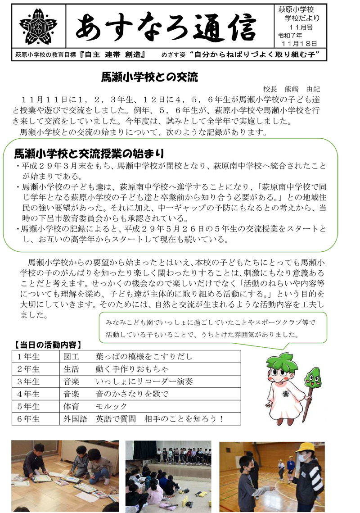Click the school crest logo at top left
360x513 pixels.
(x=38, y=26)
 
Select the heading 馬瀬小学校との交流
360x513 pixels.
(x=150, y=78)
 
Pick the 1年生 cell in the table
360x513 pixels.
(x=29, y=357)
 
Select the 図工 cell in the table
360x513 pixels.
(x=72, y=357)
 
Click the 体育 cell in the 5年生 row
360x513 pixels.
(x=72, y=406)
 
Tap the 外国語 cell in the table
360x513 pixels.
(x=76, y=419)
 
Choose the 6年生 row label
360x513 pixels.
(x=29, y=419)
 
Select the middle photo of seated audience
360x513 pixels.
(x=168, y=476)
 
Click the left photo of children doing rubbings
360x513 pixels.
(x=65, y=476)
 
